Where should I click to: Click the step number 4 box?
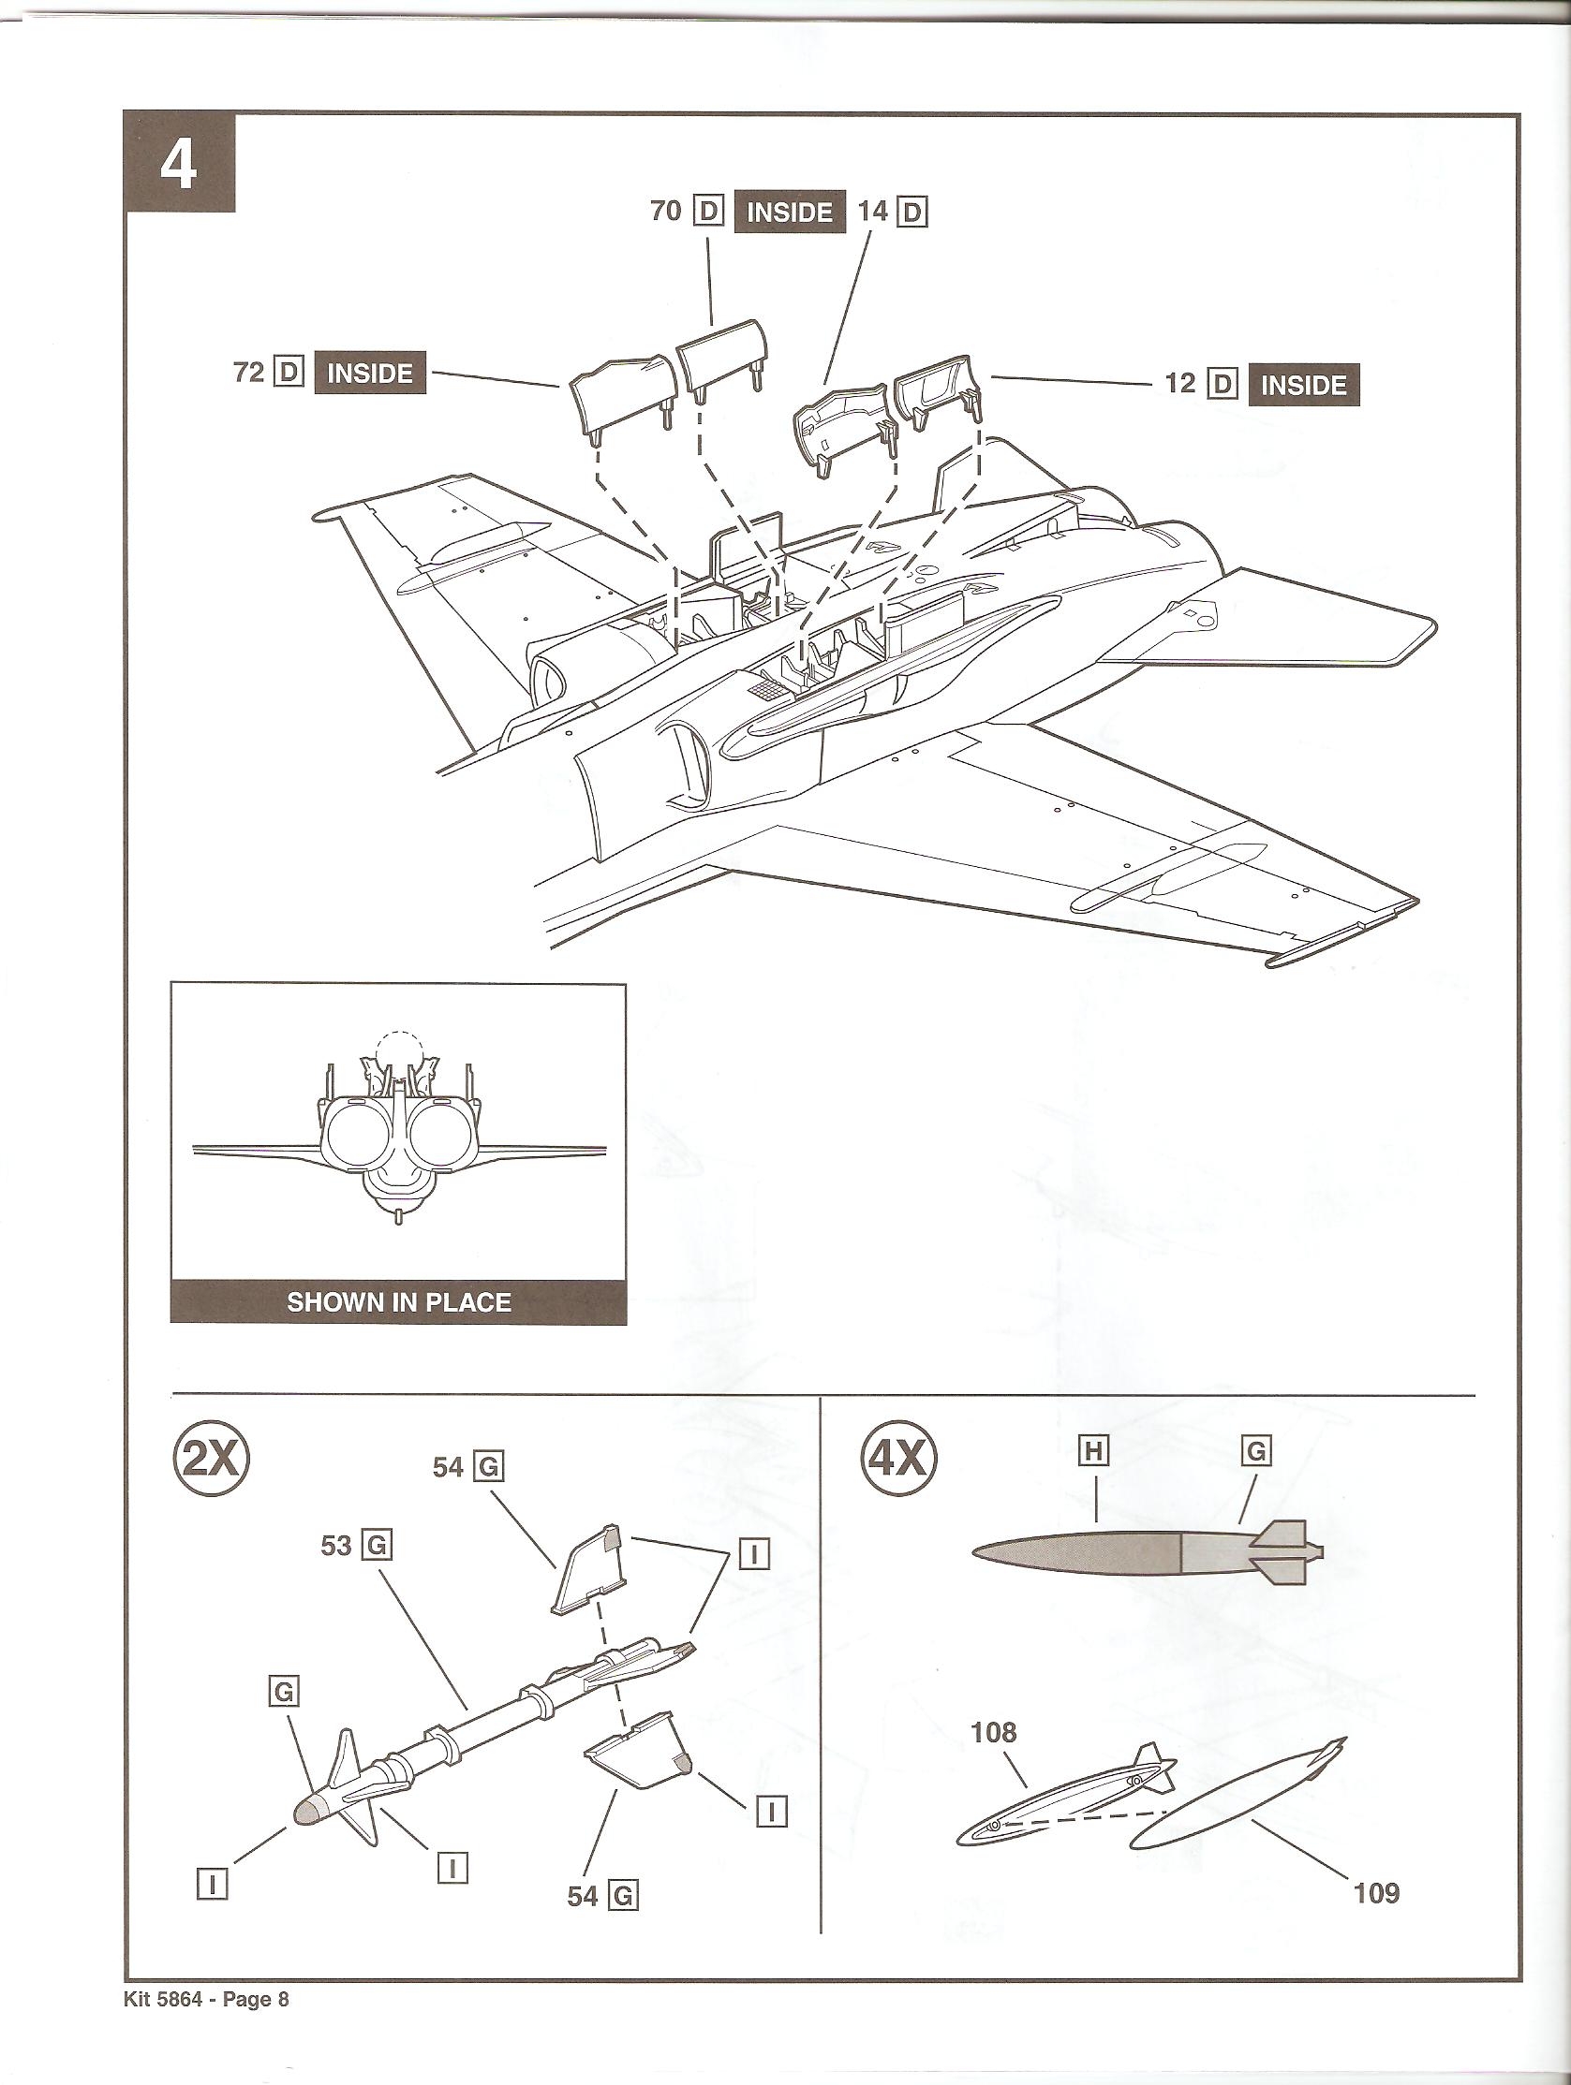pos(179,163)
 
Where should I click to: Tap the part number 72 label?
pos(249,373)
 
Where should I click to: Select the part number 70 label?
pos(666,211)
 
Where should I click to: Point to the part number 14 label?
pos(873,212)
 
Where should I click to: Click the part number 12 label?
pos(1179,384)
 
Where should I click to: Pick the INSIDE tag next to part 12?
pos(1303,386)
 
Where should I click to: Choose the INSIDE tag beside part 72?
pos(369,374)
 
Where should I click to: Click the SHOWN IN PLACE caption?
pos(398,1301)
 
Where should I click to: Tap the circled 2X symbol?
pos(211,1459)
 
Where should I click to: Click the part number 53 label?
pos(336,1546)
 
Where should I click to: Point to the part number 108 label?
pos(994,1732)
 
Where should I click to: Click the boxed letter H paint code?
pos(1093,1450)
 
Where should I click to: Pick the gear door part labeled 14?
pos(839,421)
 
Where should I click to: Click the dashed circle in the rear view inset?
pos(399,1052)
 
